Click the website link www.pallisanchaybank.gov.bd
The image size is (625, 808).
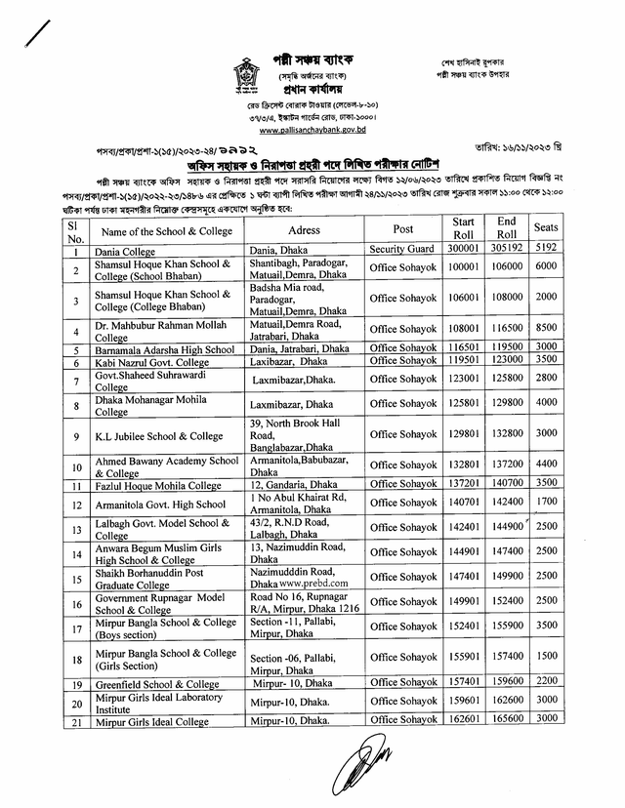click(x=312, y=128)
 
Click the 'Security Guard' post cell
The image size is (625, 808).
click(x=401, y=251)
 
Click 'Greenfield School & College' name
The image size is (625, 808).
click(x=157, y=684)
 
